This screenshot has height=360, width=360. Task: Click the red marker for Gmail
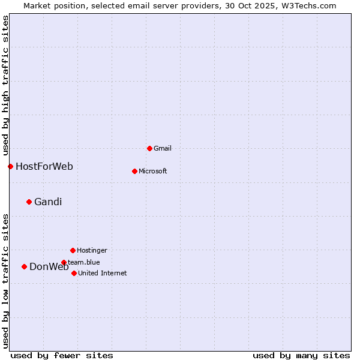click(149, 148)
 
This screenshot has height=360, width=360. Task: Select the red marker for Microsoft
click(134, 171)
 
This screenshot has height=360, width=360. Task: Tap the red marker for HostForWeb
click(10, 166)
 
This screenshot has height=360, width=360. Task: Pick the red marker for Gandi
click(29, 202)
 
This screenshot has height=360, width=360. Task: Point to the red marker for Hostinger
click(73, 250)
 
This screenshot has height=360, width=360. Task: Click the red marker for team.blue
click(64, 262)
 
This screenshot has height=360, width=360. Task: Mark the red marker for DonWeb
click(24, 266)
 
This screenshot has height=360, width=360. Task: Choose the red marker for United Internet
click(74, 273)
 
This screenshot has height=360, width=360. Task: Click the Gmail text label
click(163, 148)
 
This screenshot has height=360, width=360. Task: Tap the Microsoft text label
click(152, 171)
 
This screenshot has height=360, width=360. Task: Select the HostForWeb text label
click(44, 166)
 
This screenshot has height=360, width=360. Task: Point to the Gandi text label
click(48, 202)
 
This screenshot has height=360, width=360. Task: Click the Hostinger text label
click(92, 250)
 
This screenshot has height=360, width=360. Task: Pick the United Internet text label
click(102, 273)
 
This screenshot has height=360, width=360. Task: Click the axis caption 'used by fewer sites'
click(62, 355)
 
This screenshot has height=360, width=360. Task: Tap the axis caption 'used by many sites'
click(301, 355)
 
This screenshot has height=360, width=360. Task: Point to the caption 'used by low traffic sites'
click(5, 281)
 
